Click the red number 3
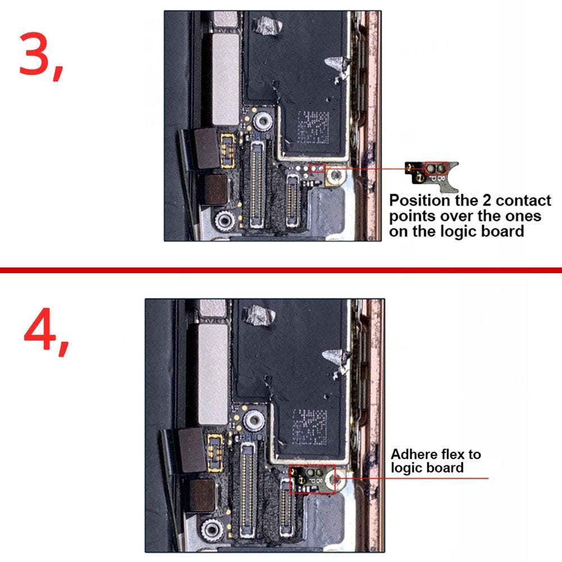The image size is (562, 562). (x=36, y=54)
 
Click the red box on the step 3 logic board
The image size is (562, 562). (x=317, y=169)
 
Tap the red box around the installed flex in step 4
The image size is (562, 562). (x=312, y=479)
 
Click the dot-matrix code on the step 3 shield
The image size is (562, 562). (x=313, y=127)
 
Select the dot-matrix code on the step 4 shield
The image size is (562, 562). (x=310, y=427)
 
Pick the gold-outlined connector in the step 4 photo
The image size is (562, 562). (x=215, y=452)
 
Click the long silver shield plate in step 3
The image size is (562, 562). (x=225, y=80)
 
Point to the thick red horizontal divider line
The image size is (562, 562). (x=281, y=270)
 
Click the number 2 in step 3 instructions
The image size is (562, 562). (x=486, y=201)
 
